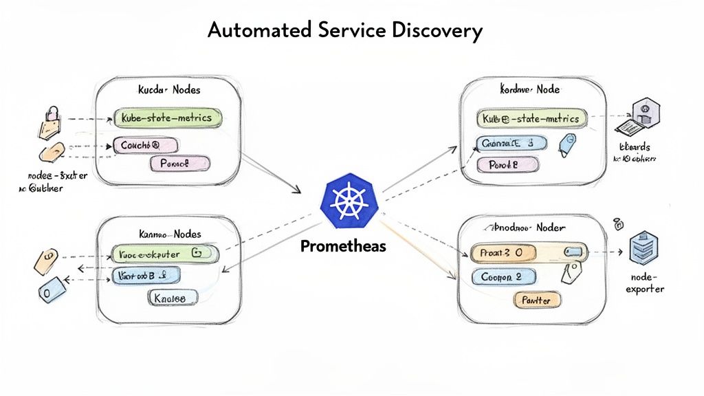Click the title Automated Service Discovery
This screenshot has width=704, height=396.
pyautogui.click(x=344, y=30)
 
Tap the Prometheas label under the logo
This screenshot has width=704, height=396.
pyautogui.click(x=343, y=246)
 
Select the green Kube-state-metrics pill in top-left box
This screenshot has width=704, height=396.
pyautogui.click(x=168, y=118)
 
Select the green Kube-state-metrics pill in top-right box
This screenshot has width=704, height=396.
pyautogui.click(x=532, y=119)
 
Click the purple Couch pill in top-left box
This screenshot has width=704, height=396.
pyautogui.click(x=144, y=145)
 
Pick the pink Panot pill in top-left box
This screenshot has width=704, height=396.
pyautogui.click(x=179, y=164)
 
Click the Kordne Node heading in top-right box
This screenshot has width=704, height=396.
pyautogui.click(x=529, y=89)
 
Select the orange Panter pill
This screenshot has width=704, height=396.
pyautogui.click(x=538, y=300)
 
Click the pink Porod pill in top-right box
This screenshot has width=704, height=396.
pyautogui.click(x=506, y=165)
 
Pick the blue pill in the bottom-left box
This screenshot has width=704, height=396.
pyautogui.click(x=146, y=276)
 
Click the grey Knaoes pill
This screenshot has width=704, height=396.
pyautogui.click(x=173, y=297)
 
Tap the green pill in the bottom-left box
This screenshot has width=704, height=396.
pyautogui.click(x=165, y=254)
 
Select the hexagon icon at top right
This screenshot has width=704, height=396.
pyautogui.click(x=646, y=109)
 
